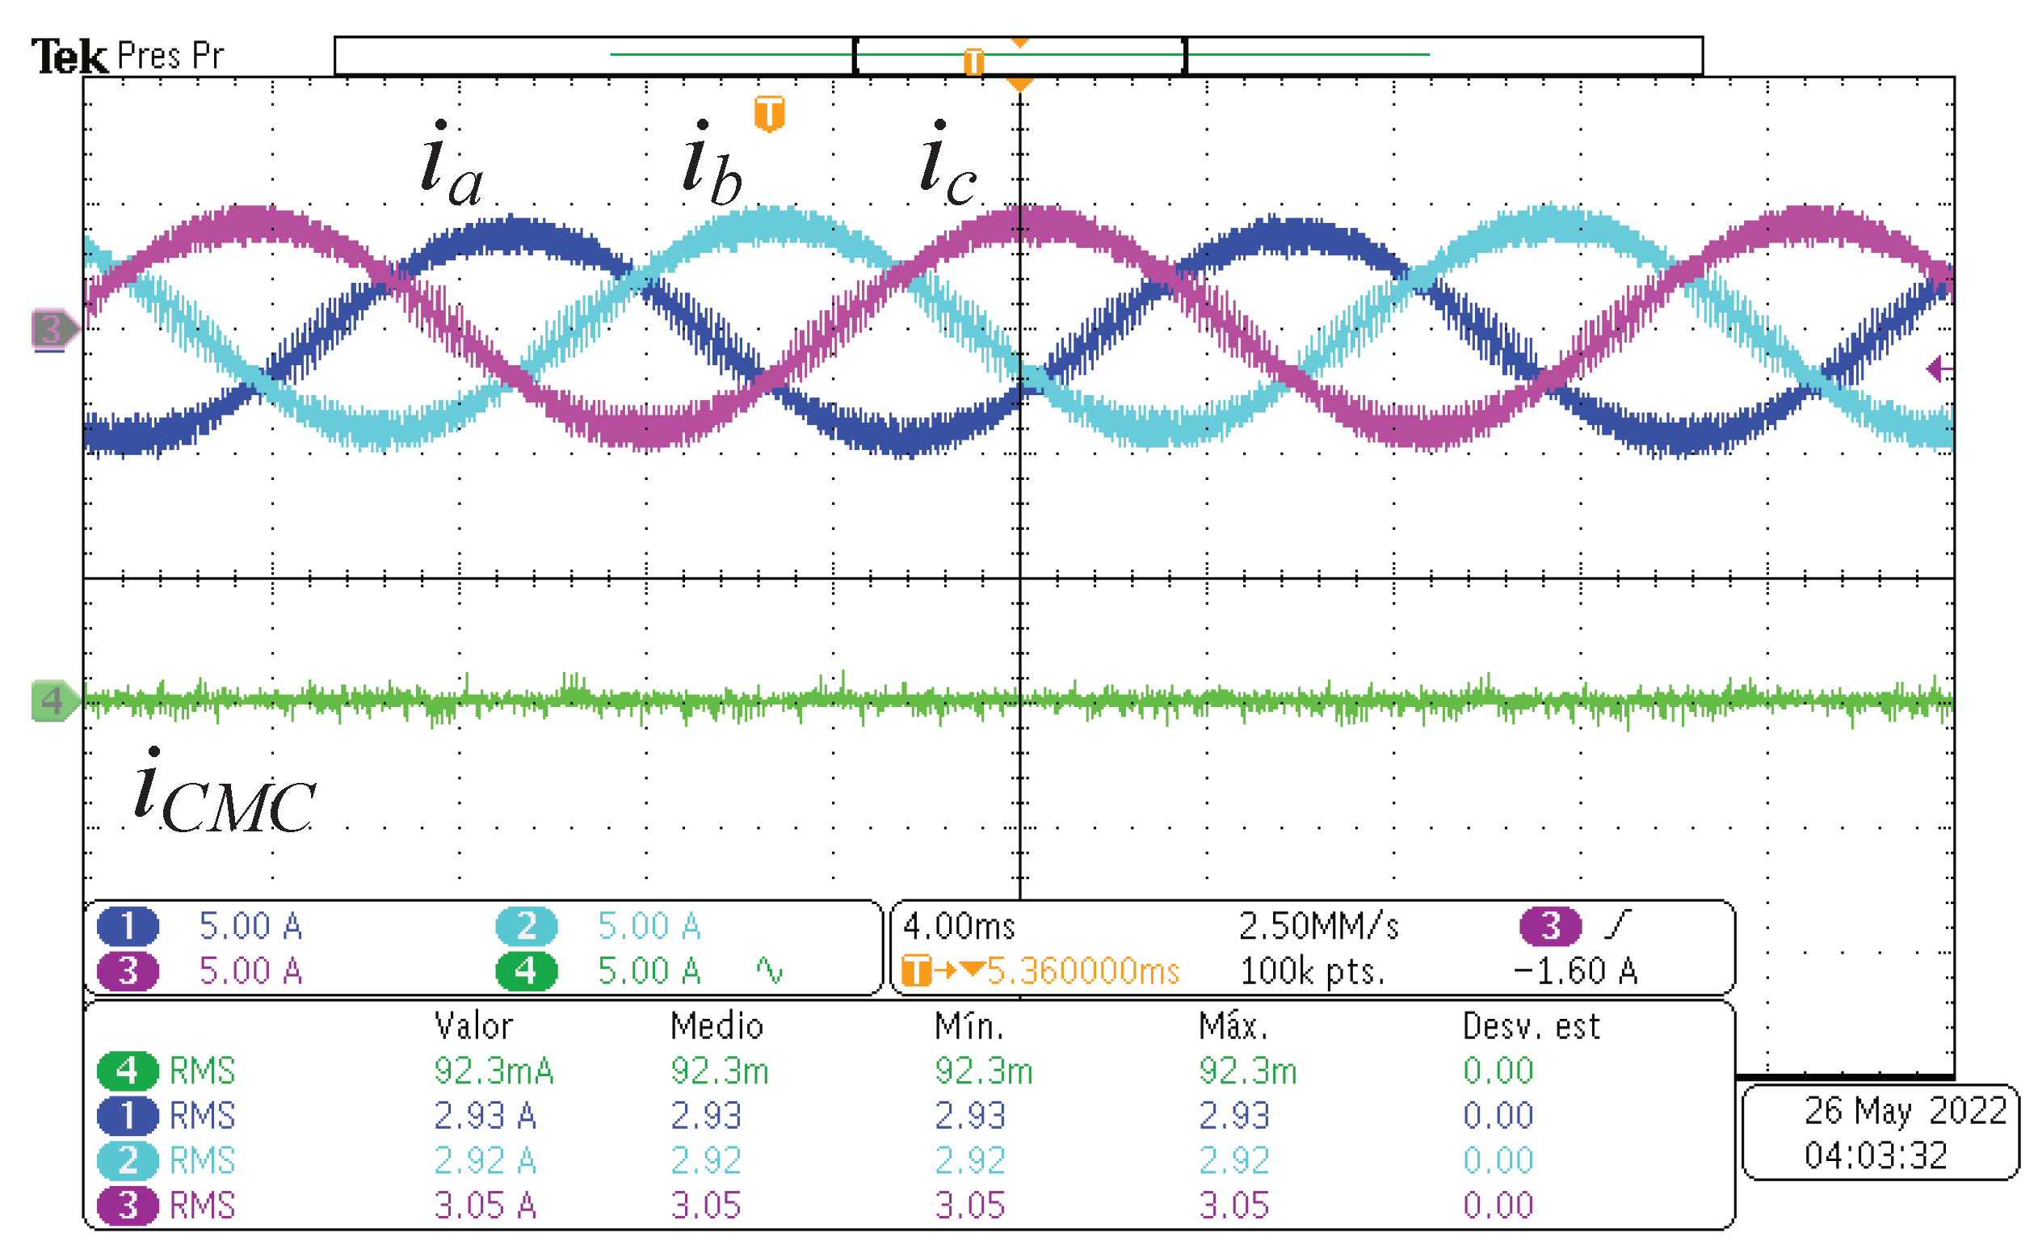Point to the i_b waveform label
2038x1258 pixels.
(x=710, y=164)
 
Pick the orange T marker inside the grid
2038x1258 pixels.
(x=769, y=113)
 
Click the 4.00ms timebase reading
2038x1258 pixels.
(x=958, y=926)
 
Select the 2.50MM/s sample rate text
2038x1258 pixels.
(x=1318, y=926)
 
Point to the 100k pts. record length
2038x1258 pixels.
(x=1312, y=971)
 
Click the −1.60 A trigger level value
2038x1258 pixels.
(x=1574, y=971)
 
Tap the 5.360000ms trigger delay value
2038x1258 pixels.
(x=1082, y=971)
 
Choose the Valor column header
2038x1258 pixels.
(x=473, y=1026)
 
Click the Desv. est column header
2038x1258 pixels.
(x=1531, y=1026)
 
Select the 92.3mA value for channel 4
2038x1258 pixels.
(x=494, y=1071)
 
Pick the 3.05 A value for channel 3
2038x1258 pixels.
(x=484, y=1205)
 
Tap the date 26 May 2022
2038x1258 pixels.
(x=1905, y=1111)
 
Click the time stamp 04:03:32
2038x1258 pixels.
(x=1875, y=1155)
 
